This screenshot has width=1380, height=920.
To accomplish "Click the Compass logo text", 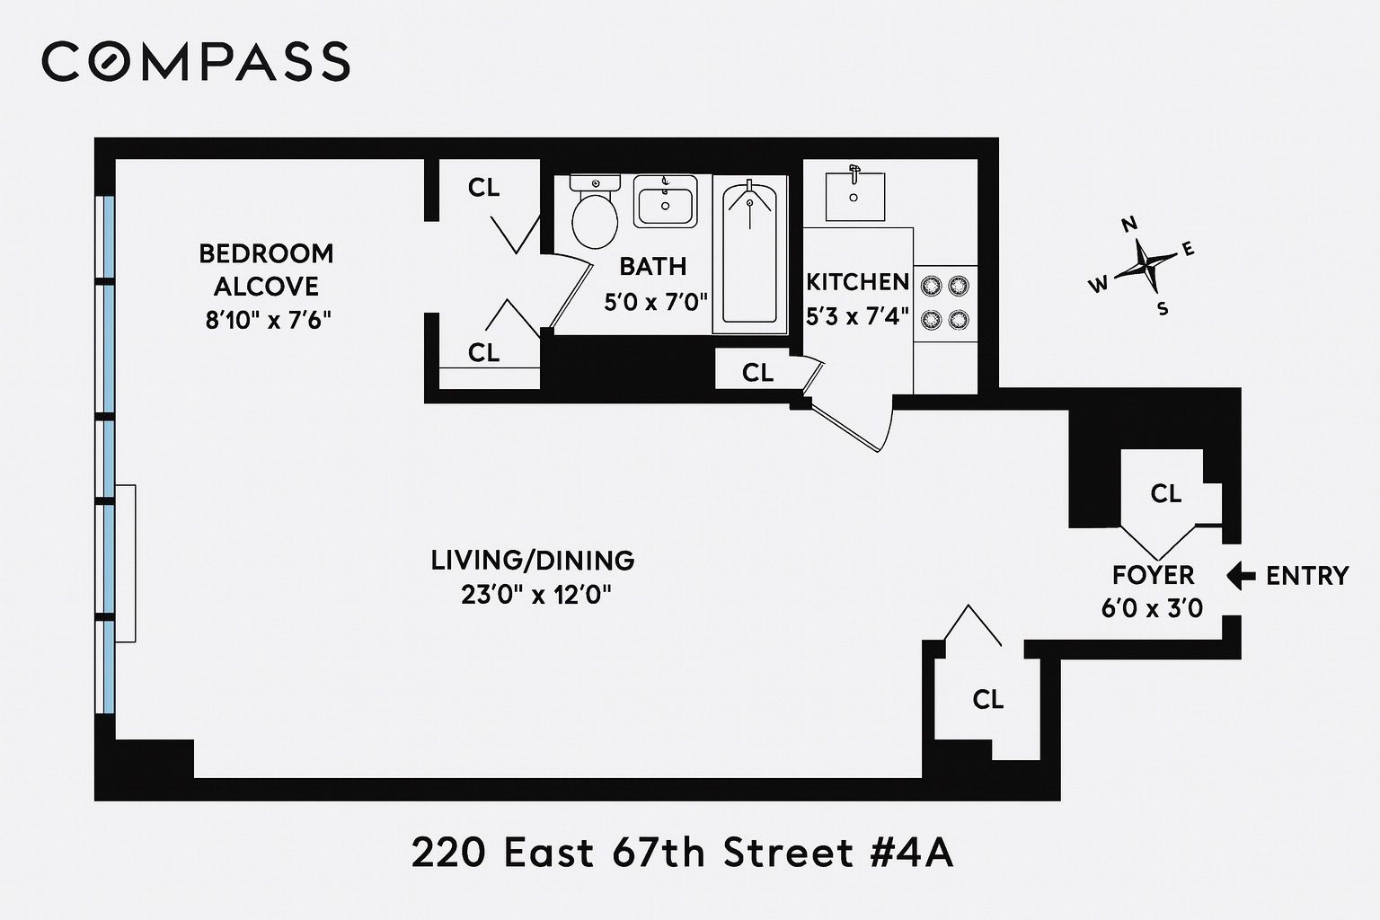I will pyautogui.click(x=195, y=62).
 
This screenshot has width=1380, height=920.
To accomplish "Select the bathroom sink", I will pyautogui.click(x=665, y=201).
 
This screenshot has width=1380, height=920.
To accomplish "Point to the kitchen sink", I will pyautogui.click(x=854, y=195).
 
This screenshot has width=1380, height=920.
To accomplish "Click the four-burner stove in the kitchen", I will pyautogui.click(x=945, y=303).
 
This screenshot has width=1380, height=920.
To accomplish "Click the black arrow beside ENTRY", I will pyautogui.click(x=1241, y=575).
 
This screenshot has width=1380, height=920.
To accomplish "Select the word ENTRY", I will pyautogui.click(x=1307, y=575).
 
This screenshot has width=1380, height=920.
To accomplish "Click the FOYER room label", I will pyautogui.click(x=1153, y=575).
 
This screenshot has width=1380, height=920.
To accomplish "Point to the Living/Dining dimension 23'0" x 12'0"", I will pyautogui.click(x=536, y=596).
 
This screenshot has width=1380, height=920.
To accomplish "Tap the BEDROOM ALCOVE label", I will pyautogui.click(x=266, y=270).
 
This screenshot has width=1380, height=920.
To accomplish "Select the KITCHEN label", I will pyautogui.click(x=857, y=282).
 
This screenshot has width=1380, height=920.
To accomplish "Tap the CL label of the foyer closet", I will pyautogui.click(x=1165, y=493).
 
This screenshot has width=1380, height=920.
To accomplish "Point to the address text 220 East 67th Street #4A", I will pyautogui.click(x=682, y=854).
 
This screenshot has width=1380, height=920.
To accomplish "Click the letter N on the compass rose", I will pyautogui.click(x=1130, y=225).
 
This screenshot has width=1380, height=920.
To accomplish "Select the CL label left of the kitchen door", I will pyautogui.click(x=757, y=372).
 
